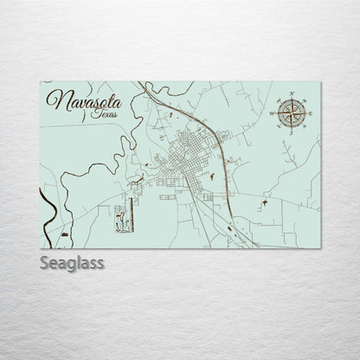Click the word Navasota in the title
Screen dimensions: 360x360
[x=84, y=102]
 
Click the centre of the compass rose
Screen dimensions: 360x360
[x=291, y=111]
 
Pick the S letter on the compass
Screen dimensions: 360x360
[x=291, y=132]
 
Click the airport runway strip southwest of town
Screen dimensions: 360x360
[x=131, y=213]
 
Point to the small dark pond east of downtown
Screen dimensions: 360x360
[x=210, y=177]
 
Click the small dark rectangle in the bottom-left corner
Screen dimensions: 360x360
[x=64, y=235]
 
